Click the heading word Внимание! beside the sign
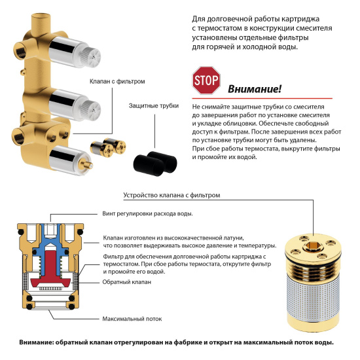pyautogui.click(x=255, y=89)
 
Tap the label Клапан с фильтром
pyautogui.click(x=117, y=81)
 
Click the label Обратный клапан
pyautogui.click(x=126, y=281)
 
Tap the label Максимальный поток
pyautogui.click(x=130, y=318)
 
